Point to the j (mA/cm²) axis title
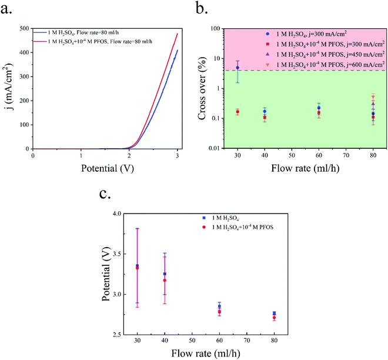click(x=8, y=88)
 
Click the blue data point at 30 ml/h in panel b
click(x=238, y=68)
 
